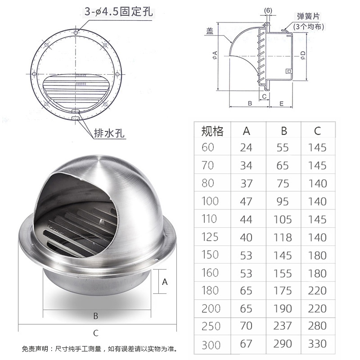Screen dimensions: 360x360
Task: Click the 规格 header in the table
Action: tap(212, 131)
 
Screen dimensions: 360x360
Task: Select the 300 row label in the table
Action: tap(211, 345)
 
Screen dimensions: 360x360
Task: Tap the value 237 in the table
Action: tap(283, 326)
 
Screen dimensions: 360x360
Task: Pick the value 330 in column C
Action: tap(317, 344)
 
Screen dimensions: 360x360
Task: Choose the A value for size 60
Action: tap(246, 147)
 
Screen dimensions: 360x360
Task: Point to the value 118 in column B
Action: tap(283, 237)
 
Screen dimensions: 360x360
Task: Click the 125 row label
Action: tap(210, 237)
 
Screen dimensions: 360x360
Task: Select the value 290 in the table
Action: tap(283, 344)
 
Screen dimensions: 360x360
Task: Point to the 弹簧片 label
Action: tap(309, 16)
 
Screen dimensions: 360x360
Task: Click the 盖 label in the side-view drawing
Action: tap(210, 31)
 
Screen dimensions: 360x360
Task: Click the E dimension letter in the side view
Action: tap(281, 103)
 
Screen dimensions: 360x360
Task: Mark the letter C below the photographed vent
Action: tap(95, 333)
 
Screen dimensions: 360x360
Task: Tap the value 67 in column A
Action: tap(246, 344)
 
